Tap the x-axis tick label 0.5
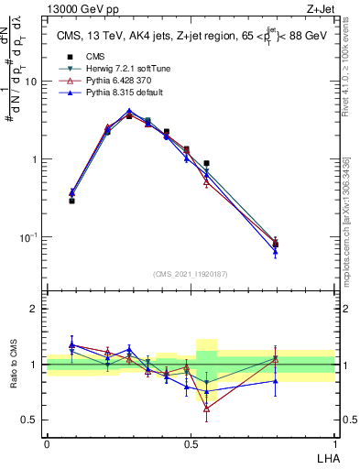(190, 442)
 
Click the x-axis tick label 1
(333, 442)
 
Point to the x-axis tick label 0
(47, 442)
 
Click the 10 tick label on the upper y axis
(31, 82)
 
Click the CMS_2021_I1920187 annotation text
(190, 272)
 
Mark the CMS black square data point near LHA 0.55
(206, 164)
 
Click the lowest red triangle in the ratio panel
(206, 409)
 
